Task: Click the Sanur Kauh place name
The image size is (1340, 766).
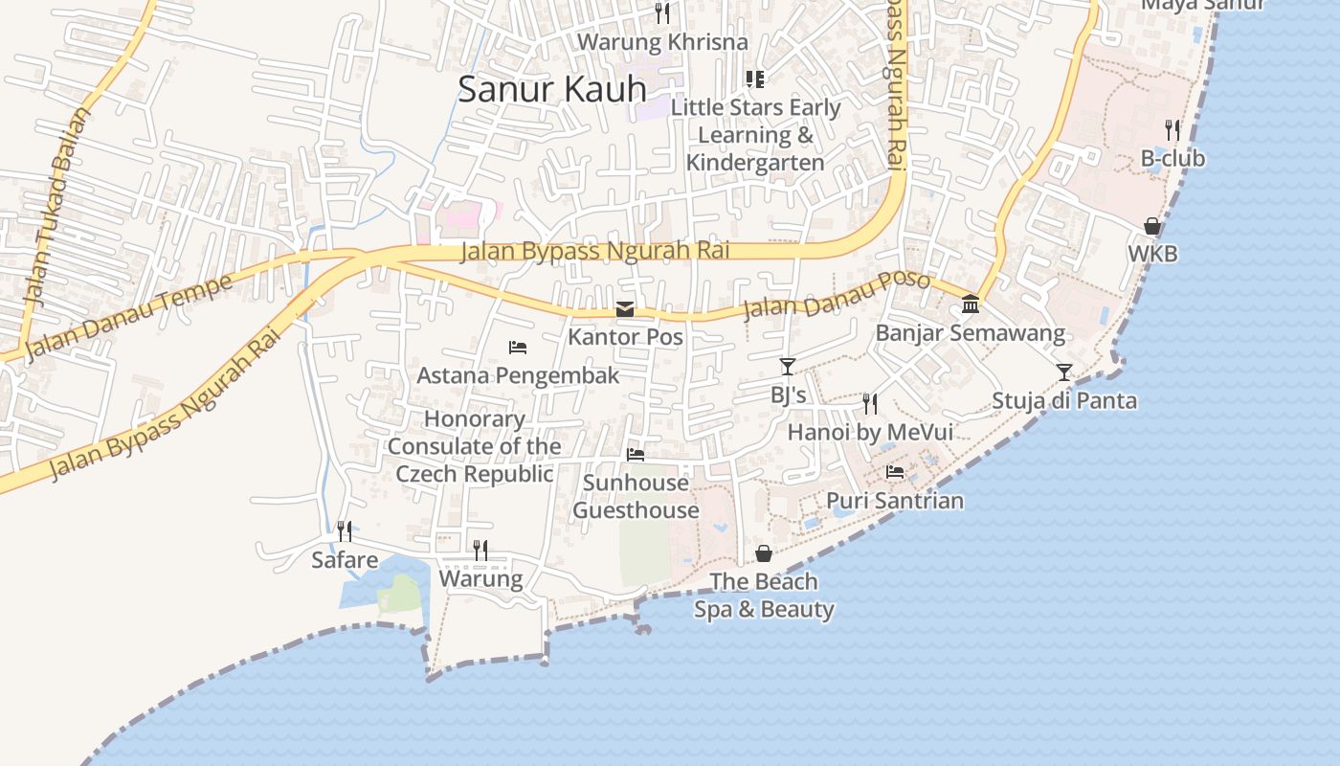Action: point(552,89)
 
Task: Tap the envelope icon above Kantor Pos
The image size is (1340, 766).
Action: point(625,308)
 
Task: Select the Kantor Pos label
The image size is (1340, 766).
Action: point(625,337)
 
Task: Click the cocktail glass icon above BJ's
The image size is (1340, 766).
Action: point(788,366)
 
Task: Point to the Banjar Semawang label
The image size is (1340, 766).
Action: point(970,333)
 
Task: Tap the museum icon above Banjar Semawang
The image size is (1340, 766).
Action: point(971,304)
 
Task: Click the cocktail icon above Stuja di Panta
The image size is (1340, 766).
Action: point(1063,372)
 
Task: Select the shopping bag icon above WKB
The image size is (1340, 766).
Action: point(1152,226)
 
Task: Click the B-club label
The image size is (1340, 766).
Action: point(1172,158)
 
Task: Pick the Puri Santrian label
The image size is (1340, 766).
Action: point(895,501)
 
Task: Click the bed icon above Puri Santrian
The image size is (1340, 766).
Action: point(895,472)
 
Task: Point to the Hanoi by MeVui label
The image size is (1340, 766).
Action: point(870,433)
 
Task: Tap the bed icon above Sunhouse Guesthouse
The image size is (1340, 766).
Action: point(636,454)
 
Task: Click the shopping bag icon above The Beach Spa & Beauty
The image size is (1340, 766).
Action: point(764,553)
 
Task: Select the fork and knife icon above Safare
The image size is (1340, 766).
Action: point(345,530)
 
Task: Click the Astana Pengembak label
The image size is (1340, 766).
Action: point(518,375)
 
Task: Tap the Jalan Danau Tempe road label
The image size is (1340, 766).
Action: point(128,317)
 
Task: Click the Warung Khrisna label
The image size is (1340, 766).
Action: point(662,42)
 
